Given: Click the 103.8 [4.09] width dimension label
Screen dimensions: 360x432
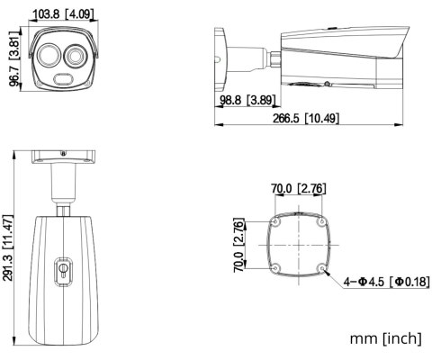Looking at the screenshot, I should [65, 14].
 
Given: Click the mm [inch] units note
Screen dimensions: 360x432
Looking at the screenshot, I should [384, 339].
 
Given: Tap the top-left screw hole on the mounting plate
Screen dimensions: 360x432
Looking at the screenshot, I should [274, 220].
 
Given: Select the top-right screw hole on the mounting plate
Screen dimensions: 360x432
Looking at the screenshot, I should [322, 220].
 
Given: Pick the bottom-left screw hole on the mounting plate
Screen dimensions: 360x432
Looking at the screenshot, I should [274, 267].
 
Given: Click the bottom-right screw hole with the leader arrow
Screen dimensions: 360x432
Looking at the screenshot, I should [322, 267].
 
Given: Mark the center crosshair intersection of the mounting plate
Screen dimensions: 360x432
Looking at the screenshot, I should [298, 243].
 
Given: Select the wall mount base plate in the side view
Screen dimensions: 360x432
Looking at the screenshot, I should [220, 55].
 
